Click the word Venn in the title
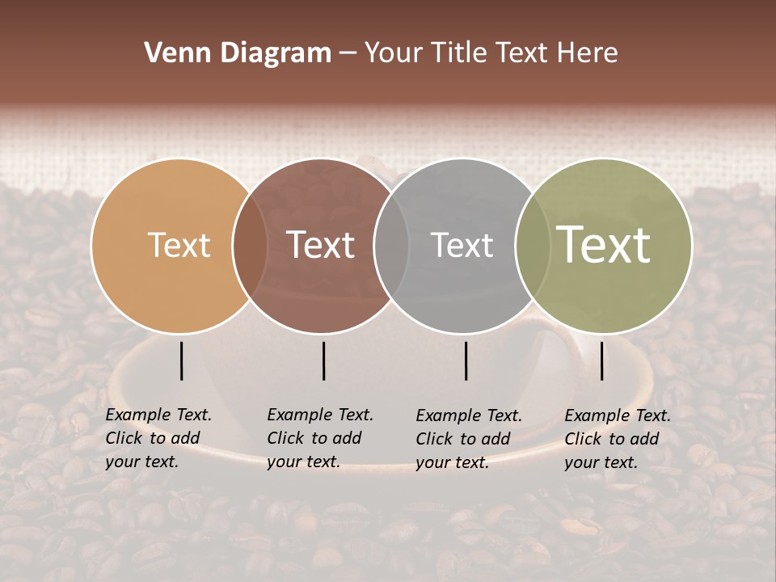pos(173,53)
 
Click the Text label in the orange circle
pos(179,245)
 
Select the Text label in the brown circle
pos(320,245)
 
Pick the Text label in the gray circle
pos(462,245)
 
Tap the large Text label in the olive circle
pos(603,245)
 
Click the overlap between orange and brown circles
pos(250,246)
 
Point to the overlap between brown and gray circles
pos(391,246)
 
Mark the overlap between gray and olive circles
pos(531,246)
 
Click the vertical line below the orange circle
pos(182,361)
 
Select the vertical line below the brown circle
pos(323,361)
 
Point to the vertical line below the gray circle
pos(466,361)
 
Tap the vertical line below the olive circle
pos(602,361)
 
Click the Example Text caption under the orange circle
pos(158,438)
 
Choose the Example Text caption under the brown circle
pos(320,438)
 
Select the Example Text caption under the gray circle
pos(469,439)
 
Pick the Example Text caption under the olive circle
pos(618,439)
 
